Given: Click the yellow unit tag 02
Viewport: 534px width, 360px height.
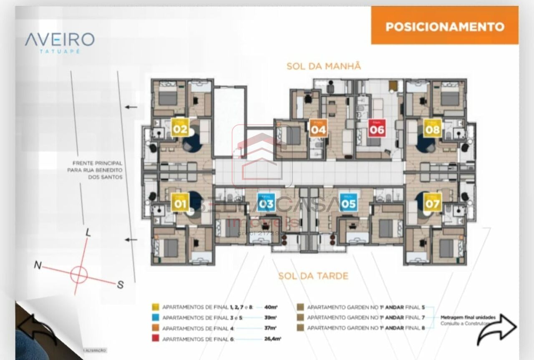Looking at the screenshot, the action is tap(180, 127).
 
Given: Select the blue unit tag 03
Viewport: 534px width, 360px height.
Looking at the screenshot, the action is tap(266, 202).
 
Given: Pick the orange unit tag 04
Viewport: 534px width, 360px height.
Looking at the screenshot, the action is tap(318, 128).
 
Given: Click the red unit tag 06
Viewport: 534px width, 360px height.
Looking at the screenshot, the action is tap(376, 128).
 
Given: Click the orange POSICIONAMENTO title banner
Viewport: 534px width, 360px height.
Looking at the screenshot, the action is tap(445, 26).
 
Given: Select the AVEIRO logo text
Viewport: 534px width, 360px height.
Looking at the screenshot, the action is tap(60, 40).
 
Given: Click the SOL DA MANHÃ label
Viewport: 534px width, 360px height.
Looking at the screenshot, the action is tap(323, 66).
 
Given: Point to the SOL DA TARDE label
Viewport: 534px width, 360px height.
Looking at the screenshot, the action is tap(313, 276).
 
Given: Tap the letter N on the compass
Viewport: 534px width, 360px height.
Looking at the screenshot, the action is tap(38, 265).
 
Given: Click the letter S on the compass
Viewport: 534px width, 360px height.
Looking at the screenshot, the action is tap(120, 285).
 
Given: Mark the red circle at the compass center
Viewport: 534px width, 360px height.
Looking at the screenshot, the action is tap(79, 275).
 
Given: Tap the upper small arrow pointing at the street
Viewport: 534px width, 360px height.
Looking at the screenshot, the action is tap(131, 107).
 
